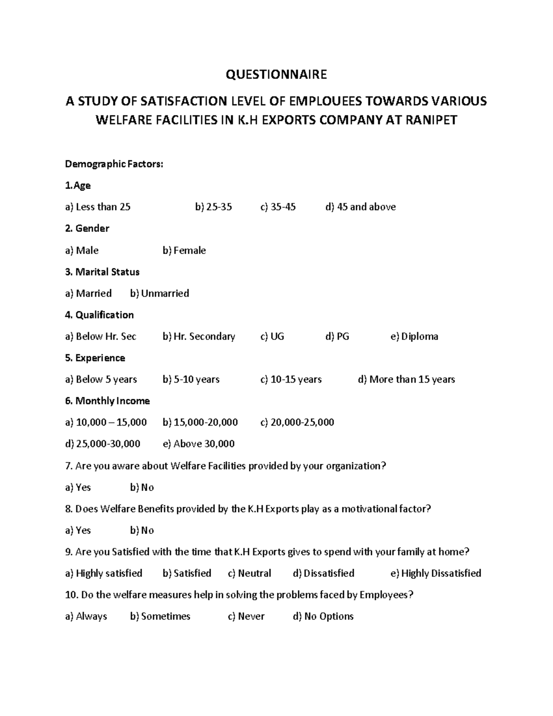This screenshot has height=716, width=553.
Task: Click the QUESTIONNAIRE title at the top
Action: [x=276, y=75]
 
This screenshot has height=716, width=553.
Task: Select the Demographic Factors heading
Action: [x=114, y=164]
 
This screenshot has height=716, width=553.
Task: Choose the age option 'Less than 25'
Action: [x=98, y=207]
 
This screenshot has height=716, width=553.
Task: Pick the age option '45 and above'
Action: [x=360, y=207]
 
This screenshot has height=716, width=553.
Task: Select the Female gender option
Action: [x=184, y=250]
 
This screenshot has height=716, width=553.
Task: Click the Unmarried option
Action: [x=159, y=293]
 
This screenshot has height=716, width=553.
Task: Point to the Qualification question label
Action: [x=100, y=315]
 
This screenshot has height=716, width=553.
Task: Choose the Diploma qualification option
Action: [x=414, y=337]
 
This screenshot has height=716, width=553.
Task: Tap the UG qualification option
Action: [x=272, y=337]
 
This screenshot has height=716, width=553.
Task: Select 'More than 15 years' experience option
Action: [x=406, y=379]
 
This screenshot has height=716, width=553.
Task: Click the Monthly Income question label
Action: [x=107, y=401]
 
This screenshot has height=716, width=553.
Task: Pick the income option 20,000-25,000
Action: [x=297, y=422]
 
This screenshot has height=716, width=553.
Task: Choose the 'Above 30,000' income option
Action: [x=199, y=444]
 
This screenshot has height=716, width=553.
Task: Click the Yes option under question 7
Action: [x=78, y=487]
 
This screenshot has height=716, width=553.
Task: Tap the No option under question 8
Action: [x=142, y=530]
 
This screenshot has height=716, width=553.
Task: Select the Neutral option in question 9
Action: [x=249, y=574]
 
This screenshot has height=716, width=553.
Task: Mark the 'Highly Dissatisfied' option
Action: [x=435, y=574]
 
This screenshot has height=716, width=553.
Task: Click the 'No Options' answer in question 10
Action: [x=323, y=616]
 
